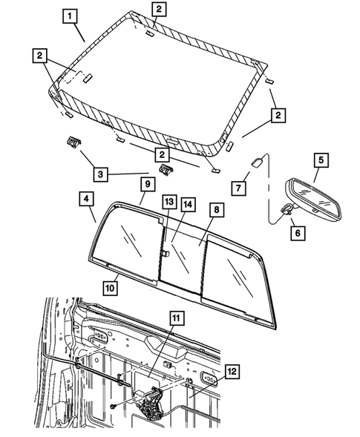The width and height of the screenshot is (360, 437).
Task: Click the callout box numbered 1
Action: tap(70, 16)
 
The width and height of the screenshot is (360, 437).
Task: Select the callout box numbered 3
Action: tap(100, 174)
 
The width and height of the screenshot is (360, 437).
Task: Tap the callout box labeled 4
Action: tap(86, 199)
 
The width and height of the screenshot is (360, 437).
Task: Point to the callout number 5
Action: tap(321, 160)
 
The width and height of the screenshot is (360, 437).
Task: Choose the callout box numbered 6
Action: tap(298, 232)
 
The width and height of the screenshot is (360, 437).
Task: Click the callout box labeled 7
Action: tap(238, 188)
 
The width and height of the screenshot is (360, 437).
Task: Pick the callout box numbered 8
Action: tap(217, 210)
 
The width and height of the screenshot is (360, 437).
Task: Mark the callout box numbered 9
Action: tap(148, 184)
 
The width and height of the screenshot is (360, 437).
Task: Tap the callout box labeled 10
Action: tap(111, 288)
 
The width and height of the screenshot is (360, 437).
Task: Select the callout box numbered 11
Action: tap(177, 318)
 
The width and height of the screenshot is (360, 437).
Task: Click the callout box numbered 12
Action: tap(232, 371)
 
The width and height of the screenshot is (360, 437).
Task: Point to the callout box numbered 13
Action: tap(169, 202)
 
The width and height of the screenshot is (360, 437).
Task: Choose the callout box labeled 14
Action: tap(188, 204)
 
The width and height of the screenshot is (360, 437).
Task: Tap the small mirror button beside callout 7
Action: tap(257, 162)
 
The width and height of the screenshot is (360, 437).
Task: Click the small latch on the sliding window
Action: tap(165, 253)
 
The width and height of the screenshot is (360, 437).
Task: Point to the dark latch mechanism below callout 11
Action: tap(151, 401)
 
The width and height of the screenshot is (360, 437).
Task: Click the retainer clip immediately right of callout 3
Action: tap(166, 170)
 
